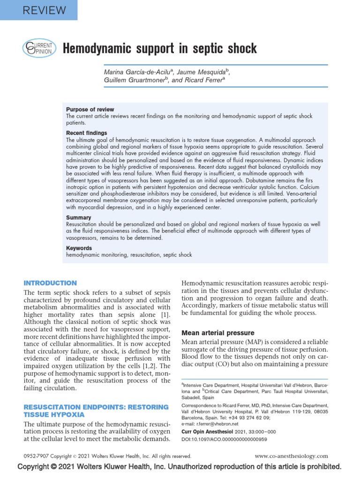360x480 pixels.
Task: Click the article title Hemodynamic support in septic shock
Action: [160, 49]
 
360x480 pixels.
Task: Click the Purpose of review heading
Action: [90, 109]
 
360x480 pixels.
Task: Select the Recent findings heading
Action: [86, 133]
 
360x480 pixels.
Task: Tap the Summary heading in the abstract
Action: [79, 217]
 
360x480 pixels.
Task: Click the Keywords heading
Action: [79, 248]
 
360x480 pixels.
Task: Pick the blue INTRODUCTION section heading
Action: [50, 283]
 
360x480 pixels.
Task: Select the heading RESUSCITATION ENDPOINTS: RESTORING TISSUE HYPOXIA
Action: [96, 411]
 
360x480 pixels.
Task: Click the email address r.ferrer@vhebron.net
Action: [217, 423]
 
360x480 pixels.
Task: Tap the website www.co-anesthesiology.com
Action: [291, 456]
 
